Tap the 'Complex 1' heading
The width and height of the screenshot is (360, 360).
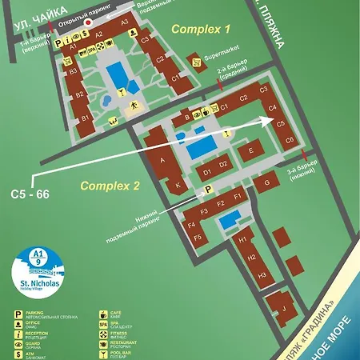(x=201, y=29)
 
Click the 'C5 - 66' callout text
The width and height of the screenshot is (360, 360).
(x=30, y=194)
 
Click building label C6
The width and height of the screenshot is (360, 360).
(x=290, y=141)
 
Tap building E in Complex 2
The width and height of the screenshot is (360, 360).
(x=250, y=150)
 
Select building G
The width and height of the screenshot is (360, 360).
(x=266, y=184)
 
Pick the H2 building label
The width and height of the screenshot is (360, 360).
(x=250, y=258)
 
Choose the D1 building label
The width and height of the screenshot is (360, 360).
(x=207, y=171)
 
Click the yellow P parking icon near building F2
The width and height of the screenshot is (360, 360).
(x=210, y=190)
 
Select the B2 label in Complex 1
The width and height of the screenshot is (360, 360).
(x=79, y=95)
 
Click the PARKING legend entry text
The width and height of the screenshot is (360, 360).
(x=37, y=314)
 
